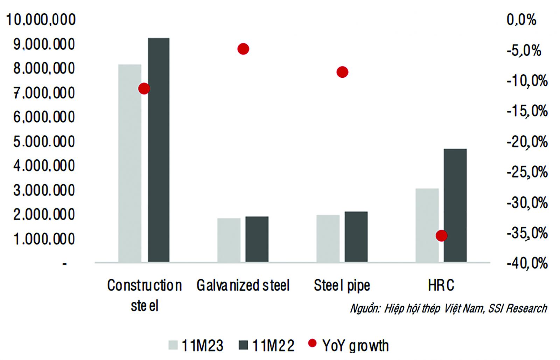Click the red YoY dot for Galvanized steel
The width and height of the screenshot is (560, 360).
pos(243,49)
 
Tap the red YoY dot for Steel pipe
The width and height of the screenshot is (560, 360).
pos(342,72)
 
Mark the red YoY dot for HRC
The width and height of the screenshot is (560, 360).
pos(441,236)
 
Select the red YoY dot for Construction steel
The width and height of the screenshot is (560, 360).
pos(144,89)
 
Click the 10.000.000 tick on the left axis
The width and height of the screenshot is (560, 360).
pos(41,20)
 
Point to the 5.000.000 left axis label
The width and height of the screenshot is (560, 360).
pos(44,142)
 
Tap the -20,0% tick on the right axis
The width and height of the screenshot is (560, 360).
pos(527,142)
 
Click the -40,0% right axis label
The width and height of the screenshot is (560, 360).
pos(527,263)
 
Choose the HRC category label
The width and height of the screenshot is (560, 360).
pos(441,285)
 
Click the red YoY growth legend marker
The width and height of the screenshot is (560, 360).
pos(312,344)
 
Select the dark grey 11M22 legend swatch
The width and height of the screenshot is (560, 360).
pos(243,345)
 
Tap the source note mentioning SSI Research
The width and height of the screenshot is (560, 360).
pos(448,308)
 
